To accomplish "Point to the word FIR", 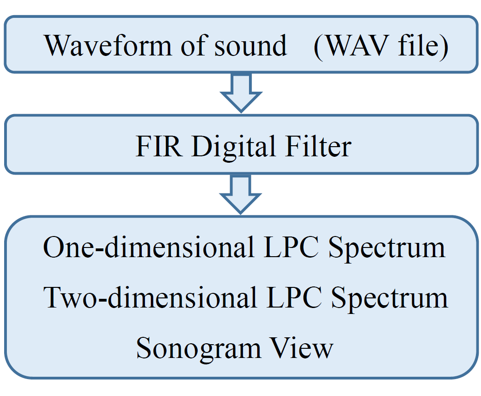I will pyautogui.click(x=159, y=147).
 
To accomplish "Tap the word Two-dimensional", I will pyautogui.click(x=149, y=297).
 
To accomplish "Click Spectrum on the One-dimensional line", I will pyautogui.click(x=387, y=248).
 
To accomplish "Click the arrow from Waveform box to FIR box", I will pyautogui.click(x=241, y=93).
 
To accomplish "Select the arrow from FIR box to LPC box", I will pyautogui.click(x=241, y=195).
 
